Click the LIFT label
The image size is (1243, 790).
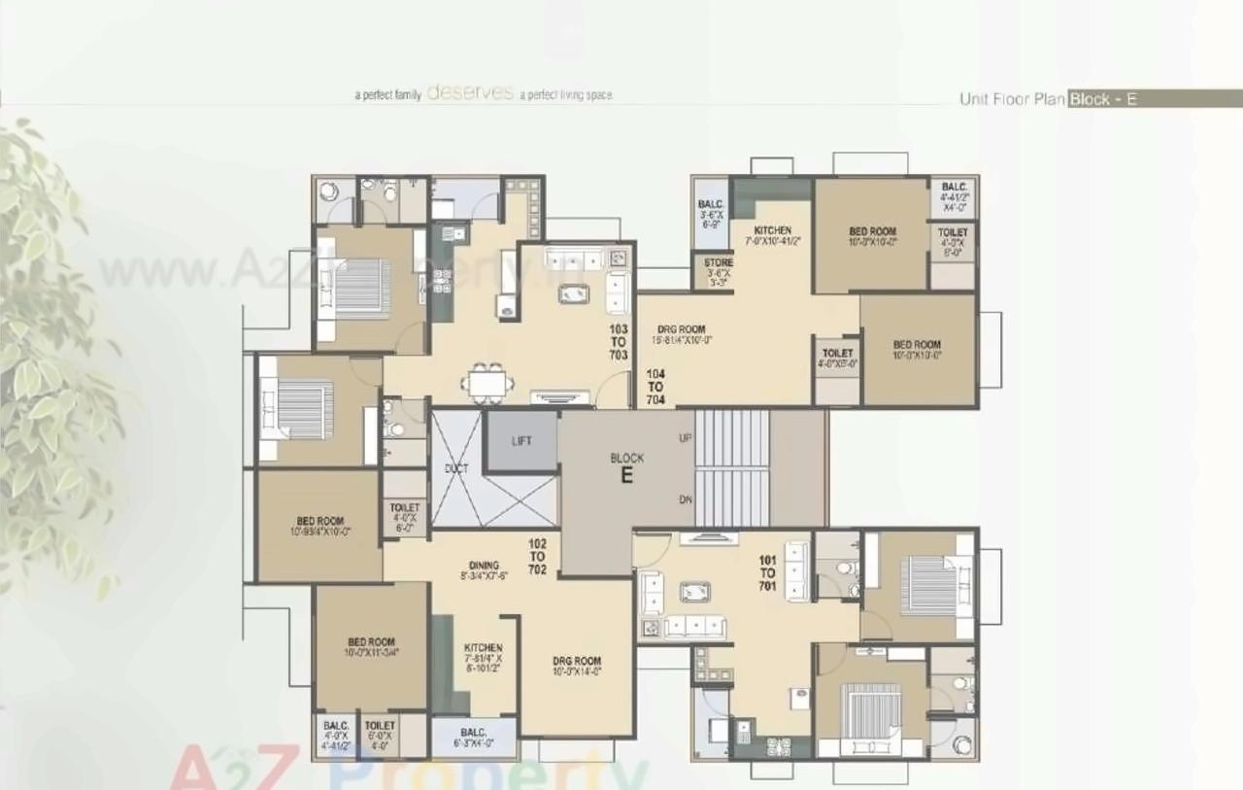(x=521, y=441)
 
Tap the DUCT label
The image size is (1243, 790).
(x=456, y=469)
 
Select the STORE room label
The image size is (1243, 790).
(x=719, y=263)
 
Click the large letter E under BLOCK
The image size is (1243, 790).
(x=627, y=476)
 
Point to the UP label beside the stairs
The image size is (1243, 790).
(x=686, y=438)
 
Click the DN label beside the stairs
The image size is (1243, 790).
(x=686, y=498)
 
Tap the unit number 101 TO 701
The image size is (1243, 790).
(x=767, y=572)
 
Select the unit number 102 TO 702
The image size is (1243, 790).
(x=537, y=557)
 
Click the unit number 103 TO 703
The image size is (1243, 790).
(x=619, y=342)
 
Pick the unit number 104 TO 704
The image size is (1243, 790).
(x=655, y=387)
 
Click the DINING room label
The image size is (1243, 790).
(x=484, y=566)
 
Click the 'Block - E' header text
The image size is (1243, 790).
(x=1102, y=99)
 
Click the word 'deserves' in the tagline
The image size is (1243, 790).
(x=470, y=93)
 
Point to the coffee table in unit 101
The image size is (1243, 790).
(x=694, y=591)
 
